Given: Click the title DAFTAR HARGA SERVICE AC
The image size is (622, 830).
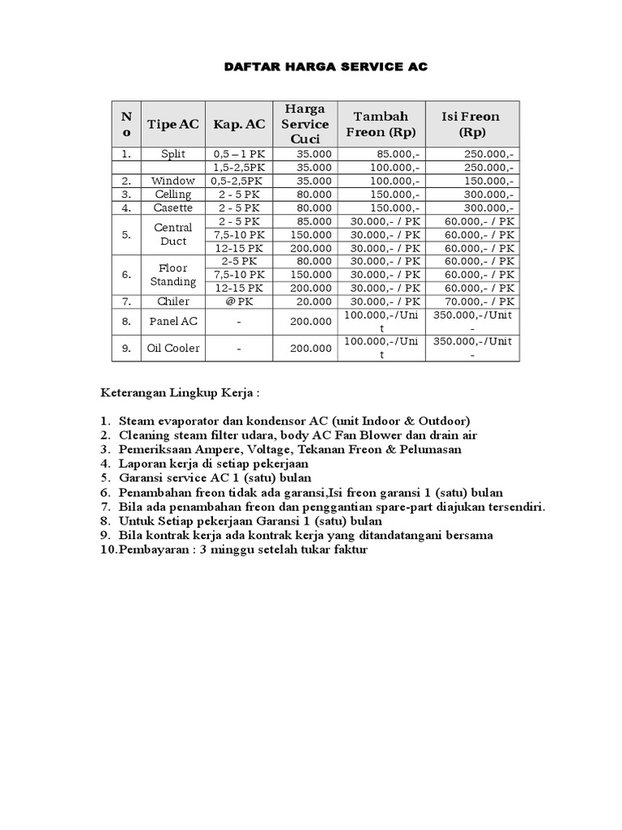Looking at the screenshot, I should [x=325, y=67].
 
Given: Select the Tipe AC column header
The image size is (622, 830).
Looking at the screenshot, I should [x=173, y=124].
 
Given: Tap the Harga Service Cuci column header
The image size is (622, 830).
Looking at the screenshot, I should [x=305, y=124].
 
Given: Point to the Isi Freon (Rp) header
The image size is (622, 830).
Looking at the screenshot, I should [x=470, y=124].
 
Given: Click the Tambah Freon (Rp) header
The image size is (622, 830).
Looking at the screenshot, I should [x=381, y=124].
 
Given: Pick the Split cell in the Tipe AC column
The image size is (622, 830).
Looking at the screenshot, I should [x=173, y=153].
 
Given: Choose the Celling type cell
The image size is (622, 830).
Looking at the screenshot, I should [x=173, y=195].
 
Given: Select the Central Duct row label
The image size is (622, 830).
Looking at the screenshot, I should [x=173, y=234].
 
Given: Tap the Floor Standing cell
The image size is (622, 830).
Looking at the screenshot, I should [x=173, y=275].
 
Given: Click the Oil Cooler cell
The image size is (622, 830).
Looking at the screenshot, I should [x=173, y=348].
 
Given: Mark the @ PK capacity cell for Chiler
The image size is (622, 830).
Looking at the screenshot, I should [x=239, y=302].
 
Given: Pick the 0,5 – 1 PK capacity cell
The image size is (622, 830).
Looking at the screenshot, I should [x=239, y=153].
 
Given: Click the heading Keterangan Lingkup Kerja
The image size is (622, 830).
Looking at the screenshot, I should [x=180, y=393].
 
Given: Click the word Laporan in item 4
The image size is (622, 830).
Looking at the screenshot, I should [x=142, y=464].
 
